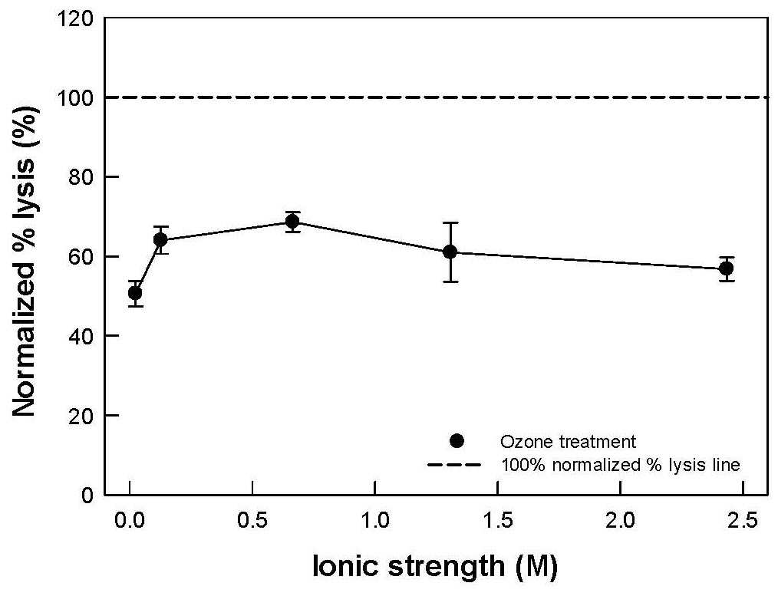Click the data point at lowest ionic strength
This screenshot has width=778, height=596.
pos(135,293)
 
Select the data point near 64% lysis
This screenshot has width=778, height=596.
pos(161,240)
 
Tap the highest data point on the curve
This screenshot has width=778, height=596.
pos(293,221)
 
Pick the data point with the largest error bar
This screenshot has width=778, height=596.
pos(450,252)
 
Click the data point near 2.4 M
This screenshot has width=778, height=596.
pos(727,268)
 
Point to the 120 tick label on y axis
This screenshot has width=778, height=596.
pos(75,18)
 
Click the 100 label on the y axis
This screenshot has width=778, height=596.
pos(75,97)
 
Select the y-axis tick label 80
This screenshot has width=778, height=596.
pos(81,177)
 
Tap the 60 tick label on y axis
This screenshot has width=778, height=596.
pos(81,256)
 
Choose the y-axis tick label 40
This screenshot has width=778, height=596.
pos(81,336)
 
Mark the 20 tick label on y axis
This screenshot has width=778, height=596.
pos(81,415)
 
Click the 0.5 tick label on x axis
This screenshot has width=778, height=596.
pos(253,521)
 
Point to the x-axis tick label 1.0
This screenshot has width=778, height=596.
pos(376,521)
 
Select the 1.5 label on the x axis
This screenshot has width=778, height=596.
pos(498,521)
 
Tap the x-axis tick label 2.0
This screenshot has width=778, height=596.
pos(621,521)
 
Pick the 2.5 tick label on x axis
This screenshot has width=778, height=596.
pos(743,521)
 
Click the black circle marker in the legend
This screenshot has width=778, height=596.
pos(456,441)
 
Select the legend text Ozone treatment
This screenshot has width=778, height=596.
pos(568,441)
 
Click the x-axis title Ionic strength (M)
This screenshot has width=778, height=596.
pos(435,566)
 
